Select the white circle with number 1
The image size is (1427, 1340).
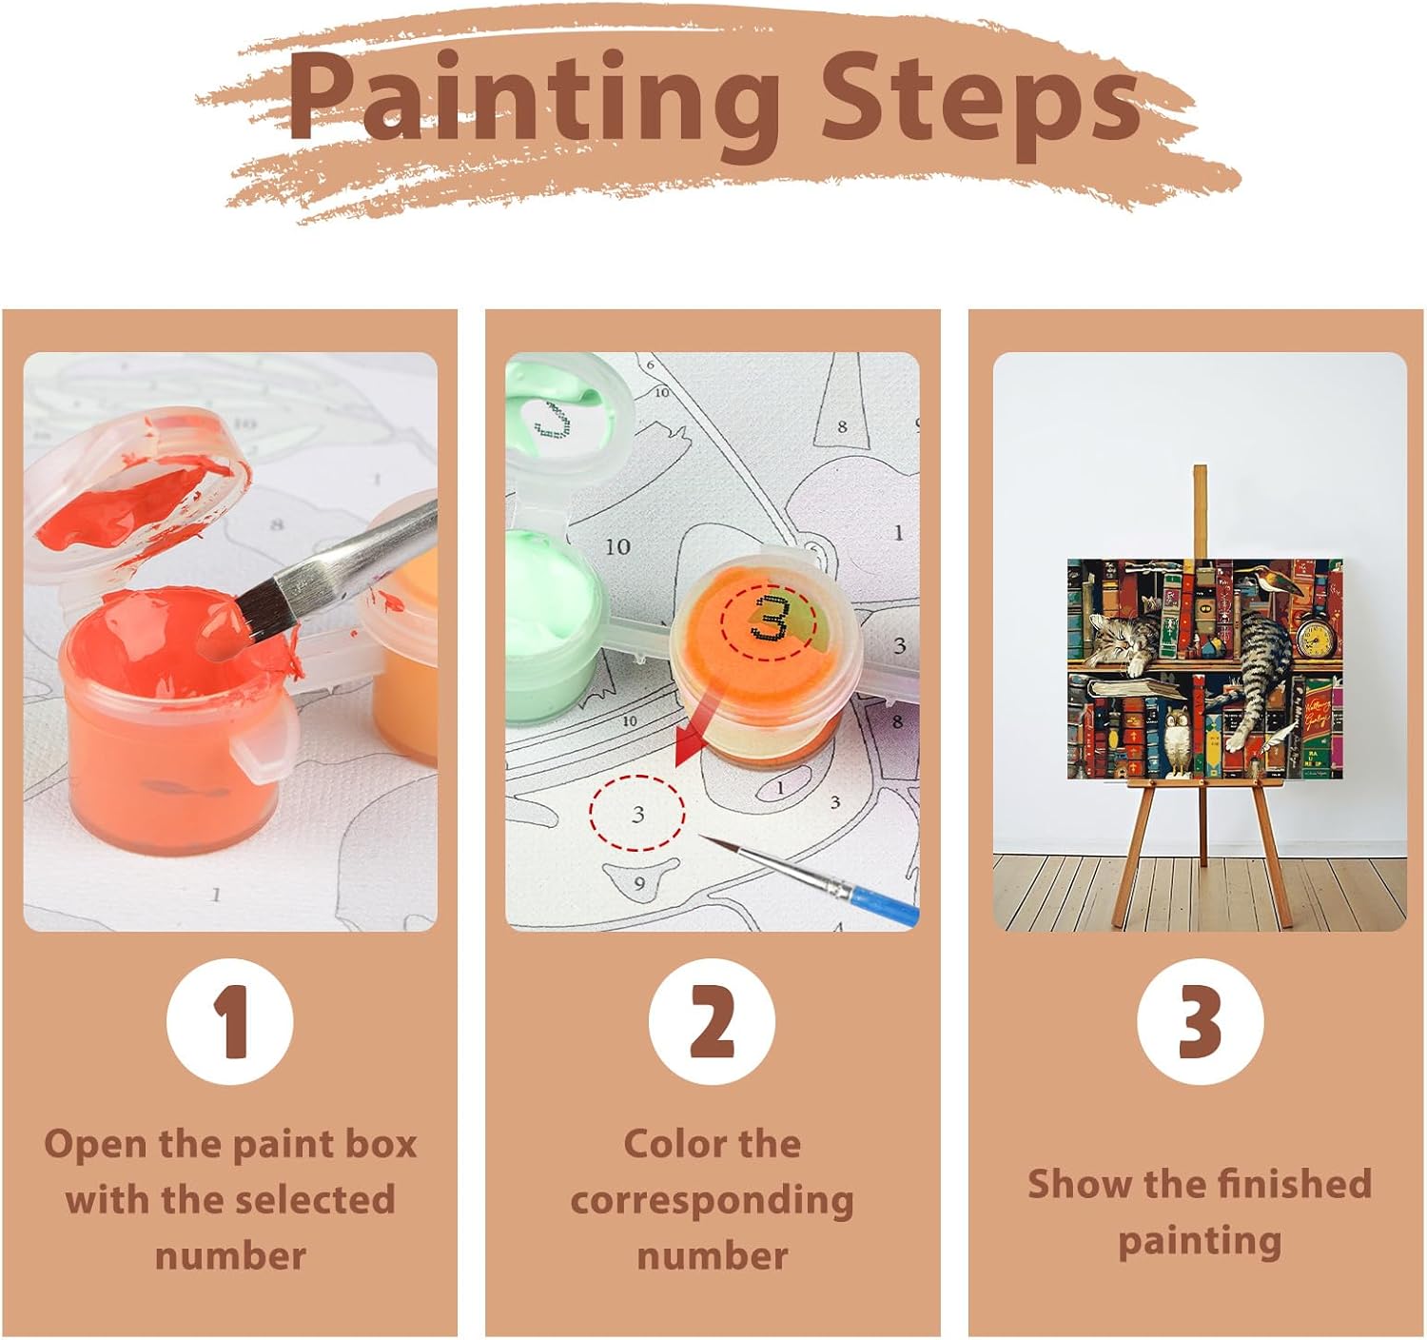pyautogui.click(x=230, y=1021)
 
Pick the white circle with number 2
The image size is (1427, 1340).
pyautogui.click(x=712, y=1021)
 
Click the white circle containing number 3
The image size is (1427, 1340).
pyautogui.click(x=1200, y=1021)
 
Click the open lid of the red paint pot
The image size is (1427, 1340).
pyautogui.click(x=137, y=489)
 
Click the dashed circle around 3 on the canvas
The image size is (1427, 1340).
pyautogui.click(x=637, y=813)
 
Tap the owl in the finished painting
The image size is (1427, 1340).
pyautogui.click(x=1179, y=741)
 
